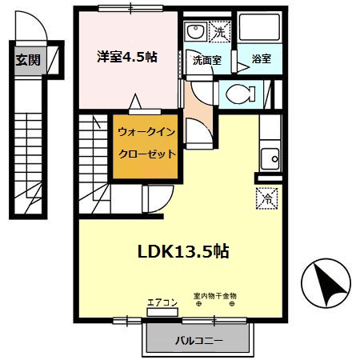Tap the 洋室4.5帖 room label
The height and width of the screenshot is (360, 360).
coord(126,58)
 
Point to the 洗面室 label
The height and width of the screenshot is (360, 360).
coord(206,60)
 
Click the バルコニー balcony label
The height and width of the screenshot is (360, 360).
coord(199,342)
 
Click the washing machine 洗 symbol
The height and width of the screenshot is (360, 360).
coord(221,33)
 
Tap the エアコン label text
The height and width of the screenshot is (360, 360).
coord(161,302)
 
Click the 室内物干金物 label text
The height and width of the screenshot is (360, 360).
coord(215,295)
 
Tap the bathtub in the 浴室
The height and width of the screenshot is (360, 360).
coord(260,33)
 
